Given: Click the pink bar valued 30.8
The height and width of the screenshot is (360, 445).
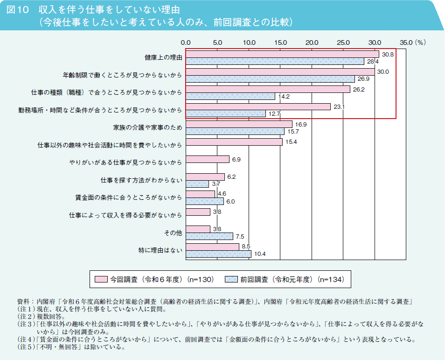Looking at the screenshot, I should pyautogui.click(x=282, y=54).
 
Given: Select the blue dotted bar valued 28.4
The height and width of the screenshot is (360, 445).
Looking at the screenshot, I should pyautogui.click(x=275, y=61).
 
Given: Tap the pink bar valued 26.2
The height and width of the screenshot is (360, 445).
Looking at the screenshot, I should pyautogui.click(x=268, y=89).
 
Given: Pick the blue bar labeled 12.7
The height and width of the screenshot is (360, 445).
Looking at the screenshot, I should pyautogui.click(x=226, y=113).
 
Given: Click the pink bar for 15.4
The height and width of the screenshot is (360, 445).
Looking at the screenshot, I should pyautogui.click(x=234, y=142).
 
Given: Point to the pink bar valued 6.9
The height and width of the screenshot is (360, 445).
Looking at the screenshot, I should pyautogui.click(x=208, y=159).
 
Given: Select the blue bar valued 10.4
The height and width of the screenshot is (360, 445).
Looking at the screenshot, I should pyautogui.click(x=218, y=254).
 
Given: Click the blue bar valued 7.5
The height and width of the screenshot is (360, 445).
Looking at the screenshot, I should pyautogui.click(x=209, y=236).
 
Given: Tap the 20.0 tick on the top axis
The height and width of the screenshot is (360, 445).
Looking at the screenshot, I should pyautogui.click(x=312, y=42).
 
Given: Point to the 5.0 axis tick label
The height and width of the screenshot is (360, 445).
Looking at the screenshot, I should pyautogui.click(x=217, y=42).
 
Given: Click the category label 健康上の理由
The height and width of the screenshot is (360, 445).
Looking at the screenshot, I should pyautogui.click(x=163, y=57).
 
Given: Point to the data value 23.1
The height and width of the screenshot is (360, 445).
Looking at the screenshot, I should pyautogui.click(x=339, y=107).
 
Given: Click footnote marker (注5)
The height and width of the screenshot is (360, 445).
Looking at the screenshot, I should pyautogui.click(x=24, y=347).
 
